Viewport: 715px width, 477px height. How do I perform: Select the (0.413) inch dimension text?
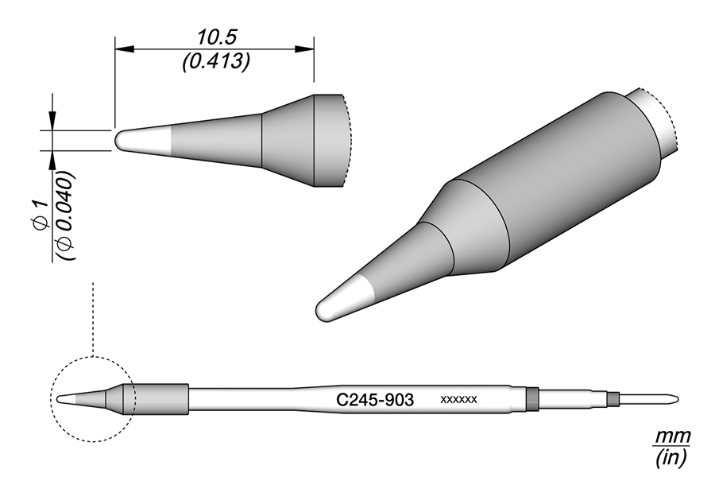point(216,61)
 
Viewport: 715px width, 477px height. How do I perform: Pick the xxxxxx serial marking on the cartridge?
point(458,400)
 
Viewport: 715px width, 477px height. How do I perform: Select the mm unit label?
point(672,437)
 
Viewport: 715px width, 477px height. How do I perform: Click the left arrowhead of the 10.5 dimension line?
point(122,49)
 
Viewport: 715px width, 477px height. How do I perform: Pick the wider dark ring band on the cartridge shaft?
point(532,398)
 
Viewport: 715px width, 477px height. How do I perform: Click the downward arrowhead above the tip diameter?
point(52,121)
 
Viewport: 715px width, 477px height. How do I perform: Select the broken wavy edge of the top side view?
point(347,142)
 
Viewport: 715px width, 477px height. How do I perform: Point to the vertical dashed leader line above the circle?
point(94,318)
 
